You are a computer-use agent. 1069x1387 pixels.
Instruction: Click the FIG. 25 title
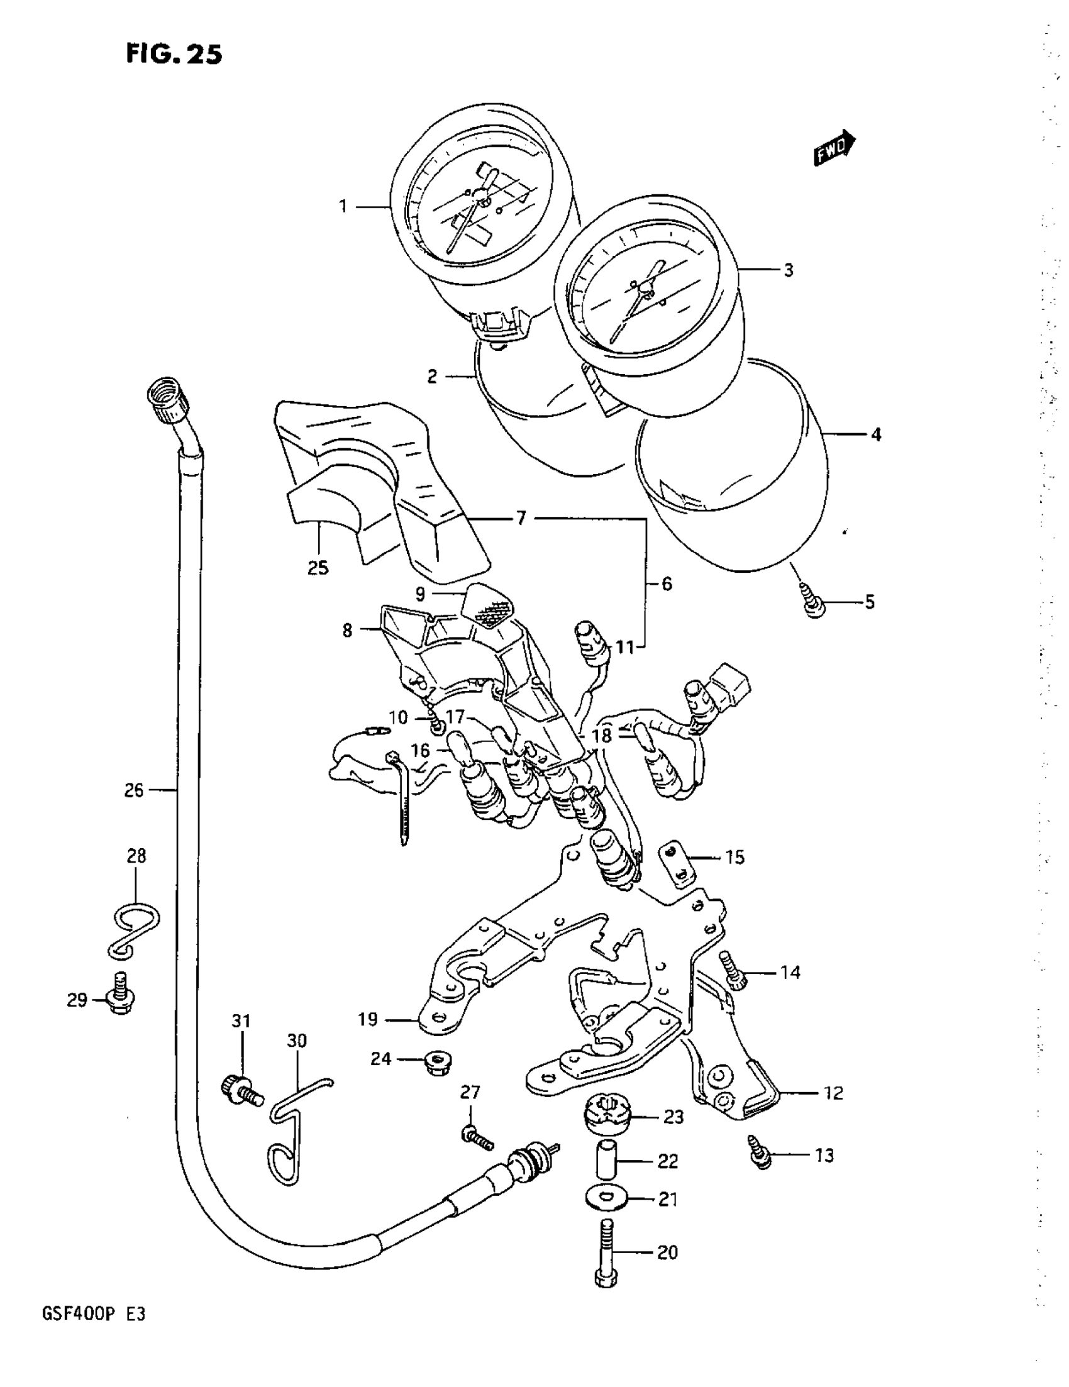tap(174, 55)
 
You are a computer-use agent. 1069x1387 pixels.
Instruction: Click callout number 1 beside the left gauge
tap(343, 206)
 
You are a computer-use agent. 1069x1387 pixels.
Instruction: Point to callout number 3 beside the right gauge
tap(789, 270)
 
